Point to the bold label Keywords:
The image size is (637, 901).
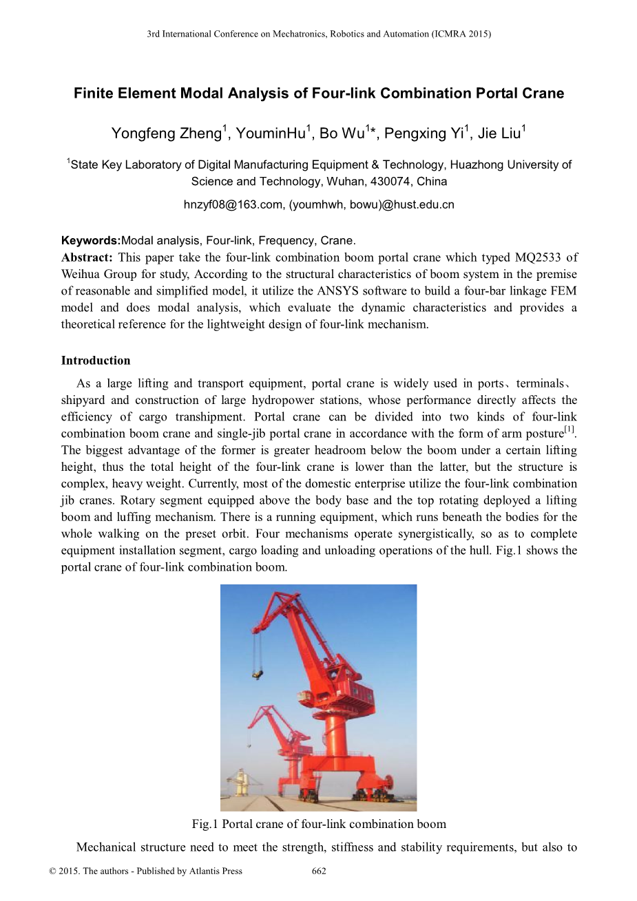pyautogui.click(x=90, y=241)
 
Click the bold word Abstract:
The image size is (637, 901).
pyautogui.click(x=86, y=257)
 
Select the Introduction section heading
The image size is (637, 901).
pyautogui.click(x=95, y=361)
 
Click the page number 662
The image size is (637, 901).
pyautogui.click(x=319, y=871)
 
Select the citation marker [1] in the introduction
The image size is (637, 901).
pyautogui.click(x=569, y=430)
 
